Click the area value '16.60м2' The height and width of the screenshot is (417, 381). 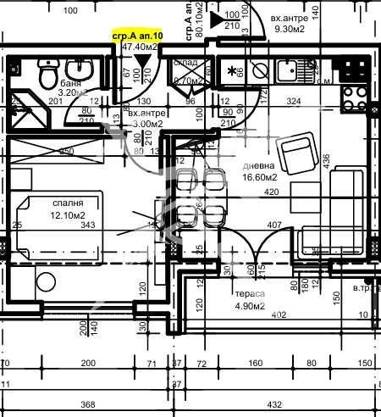[x=260, y=178]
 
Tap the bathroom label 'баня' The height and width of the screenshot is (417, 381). [x=70, y=85]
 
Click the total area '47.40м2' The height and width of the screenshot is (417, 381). [x=141, y=49]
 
